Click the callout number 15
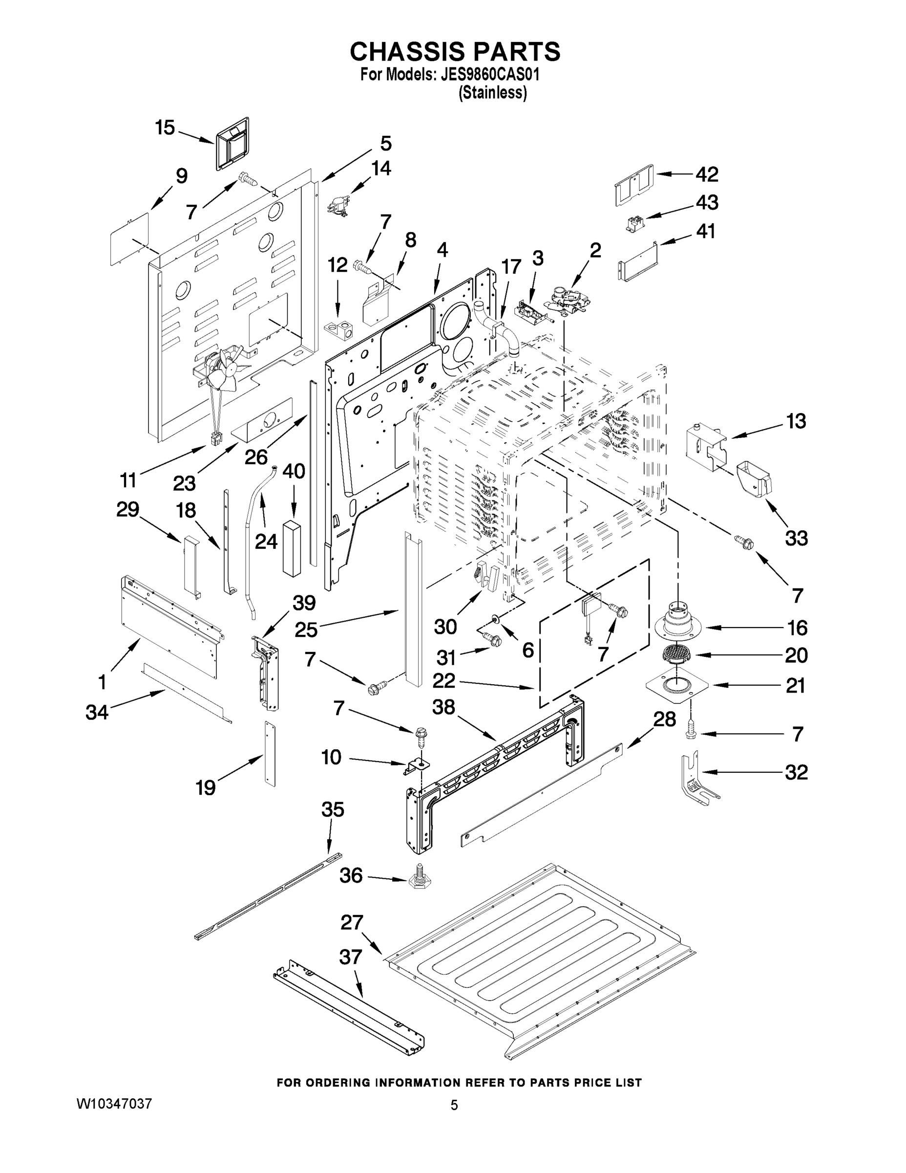[x=165, y=129]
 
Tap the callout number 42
[x=707, y=174]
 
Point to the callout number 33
[x=796, y=538]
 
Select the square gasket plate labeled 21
[x=677, y=685]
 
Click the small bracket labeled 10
[x=414, y=765]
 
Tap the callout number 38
[x=443, y=707]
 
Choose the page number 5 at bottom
[x=454, y=1106]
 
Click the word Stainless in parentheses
[x=492, y=93]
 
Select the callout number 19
[x=206, y=788]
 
